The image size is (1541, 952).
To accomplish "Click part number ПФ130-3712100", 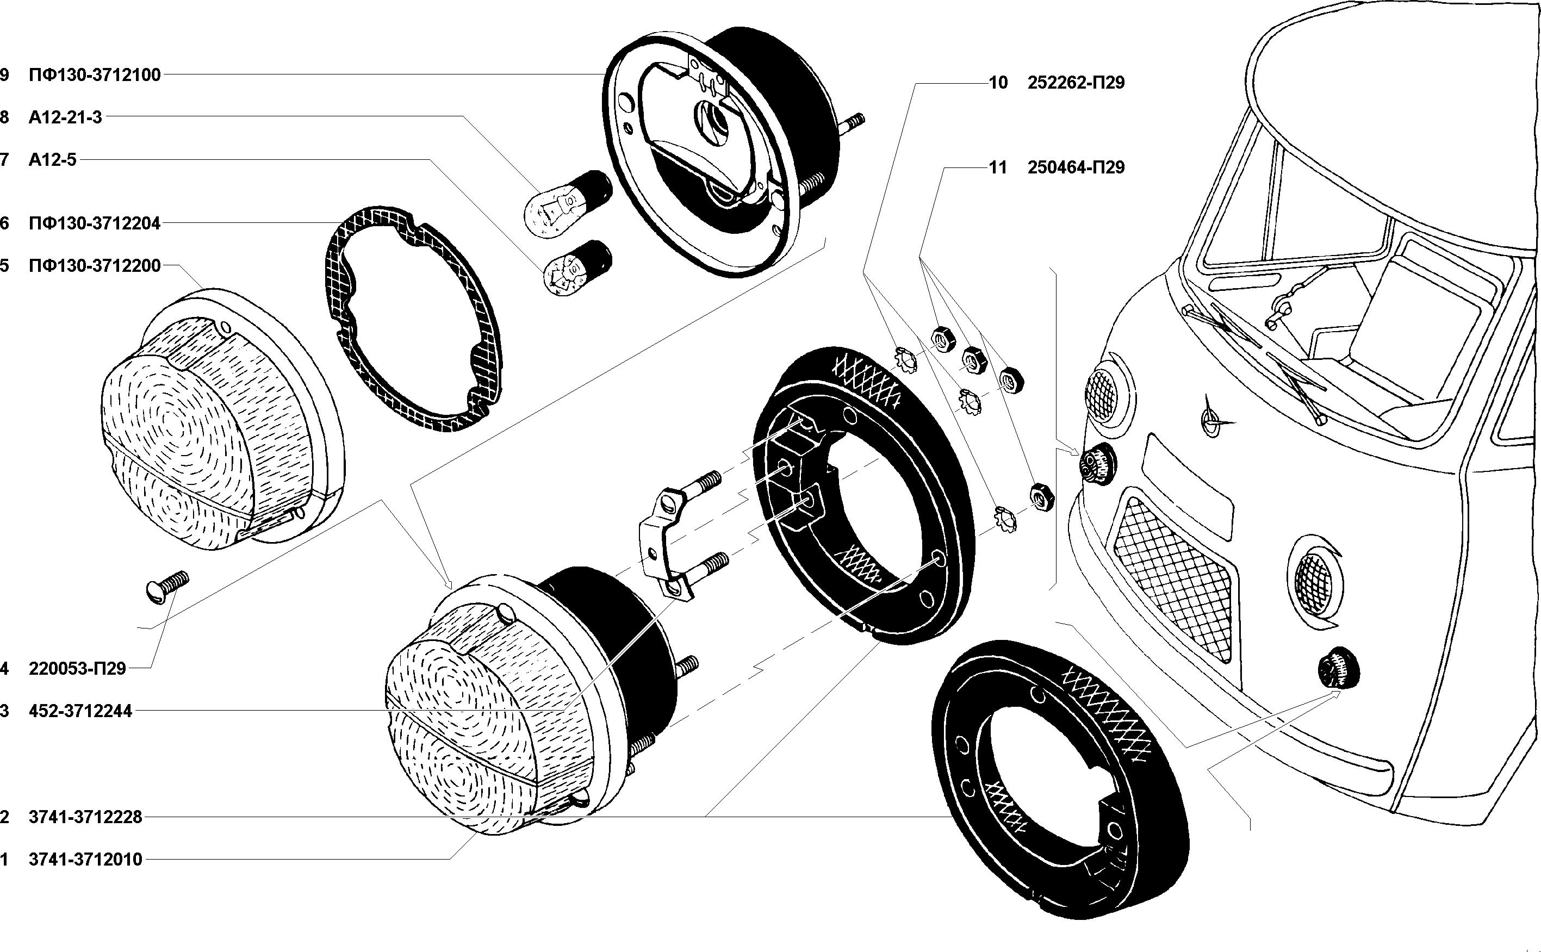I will [x=95, y=75].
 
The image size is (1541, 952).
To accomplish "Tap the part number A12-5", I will [x=52, y=160].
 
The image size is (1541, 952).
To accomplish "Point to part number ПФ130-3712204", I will [x=95, y=223].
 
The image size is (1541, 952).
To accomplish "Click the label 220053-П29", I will [x=77, y=669].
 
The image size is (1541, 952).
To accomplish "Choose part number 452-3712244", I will [x=80, y=712].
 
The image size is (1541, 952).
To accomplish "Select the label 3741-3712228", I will [x=86, y=817].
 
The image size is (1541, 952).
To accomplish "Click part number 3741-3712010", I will [x=86, y=860].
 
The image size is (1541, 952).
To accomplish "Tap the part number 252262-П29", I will [x=1076, y=83].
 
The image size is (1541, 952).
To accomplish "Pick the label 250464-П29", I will [x=1076, y=167].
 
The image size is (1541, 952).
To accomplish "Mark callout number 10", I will [x=998, y=83].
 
